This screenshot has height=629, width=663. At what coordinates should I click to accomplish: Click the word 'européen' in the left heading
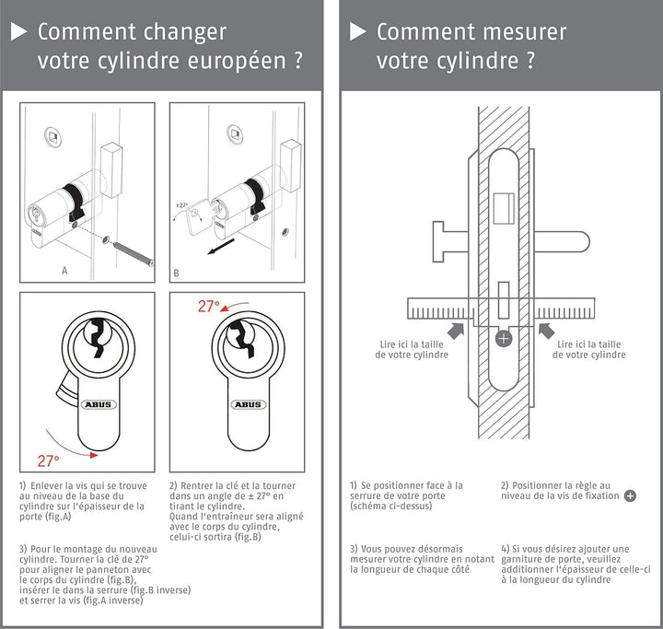point(237,62)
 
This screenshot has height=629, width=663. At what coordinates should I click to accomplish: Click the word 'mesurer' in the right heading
point(524,32)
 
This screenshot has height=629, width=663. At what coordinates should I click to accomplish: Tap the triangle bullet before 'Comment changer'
point(18,31)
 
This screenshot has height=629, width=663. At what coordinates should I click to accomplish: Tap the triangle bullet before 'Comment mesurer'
point(357,31)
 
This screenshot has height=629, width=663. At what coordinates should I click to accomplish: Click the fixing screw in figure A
point(134,254)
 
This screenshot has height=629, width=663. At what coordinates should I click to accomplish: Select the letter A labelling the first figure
point(64,271)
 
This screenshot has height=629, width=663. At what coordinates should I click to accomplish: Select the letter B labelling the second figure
point(176,274)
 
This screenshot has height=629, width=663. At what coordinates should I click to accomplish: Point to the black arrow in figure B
point(221,247)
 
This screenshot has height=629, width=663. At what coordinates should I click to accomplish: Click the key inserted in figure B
point(199,216)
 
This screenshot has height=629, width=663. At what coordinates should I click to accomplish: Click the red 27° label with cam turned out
point(48,460)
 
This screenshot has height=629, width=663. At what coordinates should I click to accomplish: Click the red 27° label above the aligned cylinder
point(209,306)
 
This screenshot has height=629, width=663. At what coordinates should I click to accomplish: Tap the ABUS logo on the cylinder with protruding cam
point(99,404)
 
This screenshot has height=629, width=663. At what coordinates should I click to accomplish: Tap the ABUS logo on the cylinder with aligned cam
point(249,404)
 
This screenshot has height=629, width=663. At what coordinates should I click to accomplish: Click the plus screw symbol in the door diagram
point(504,338)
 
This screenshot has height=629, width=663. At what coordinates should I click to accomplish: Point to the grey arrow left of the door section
point(456,331)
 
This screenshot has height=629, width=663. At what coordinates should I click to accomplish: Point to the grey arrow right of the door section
point(546,331)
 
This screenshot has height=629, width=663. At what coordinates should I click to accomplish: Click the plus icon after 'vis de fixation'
point(630,495)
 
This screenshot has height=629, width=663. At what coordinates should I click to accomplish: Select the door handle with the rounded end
point(562,242)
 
